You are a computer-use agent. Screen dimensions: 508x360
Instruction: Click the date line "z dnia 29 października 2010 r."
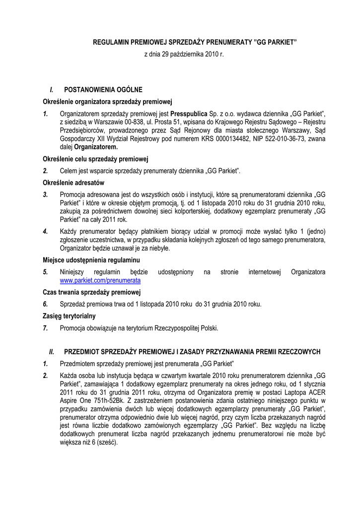click(x=184, y=54)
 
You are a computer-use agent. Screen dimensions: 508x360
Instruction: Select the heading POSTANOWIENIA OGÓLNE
click(x=103, y=90)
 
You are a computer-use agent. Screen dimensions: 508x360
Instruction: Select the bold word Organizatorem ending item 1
click(x=96, y=147)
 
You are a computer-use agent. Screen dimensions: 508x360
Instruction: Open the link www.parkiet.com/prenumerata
click(x=100, y=280)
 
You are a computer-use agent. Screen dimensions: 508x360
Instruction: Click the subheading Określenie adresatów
click(x=73, y=183)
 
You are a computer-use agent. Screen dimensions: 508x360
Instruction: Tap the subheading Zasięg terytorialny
click(x=69, y=316)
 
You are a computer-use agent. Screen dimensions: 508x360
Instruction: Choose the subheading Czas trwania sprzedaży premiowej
click(x=92, y=292)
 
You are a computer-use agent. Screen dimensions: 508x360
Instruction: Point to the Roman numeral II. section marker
click(x=51, y=352)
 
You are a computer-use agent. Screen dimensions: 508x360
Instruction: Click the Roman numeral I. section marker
click(x=51, y=90)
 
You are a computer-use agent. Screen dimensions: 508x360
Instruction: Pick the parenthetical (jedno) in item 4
click(x=314, y=232)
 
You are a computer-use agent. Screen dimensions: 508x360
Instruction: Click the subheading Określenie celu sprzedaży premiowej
click(x=96, y=159)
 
